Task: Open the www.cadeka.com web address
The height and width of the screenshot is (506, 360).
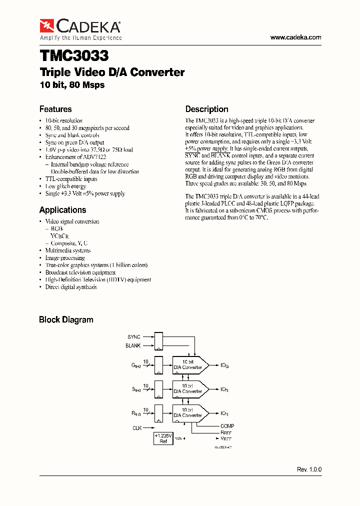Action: pos(295,37)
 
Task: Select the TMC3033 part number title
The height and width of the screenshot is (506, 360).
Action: pos(74,54)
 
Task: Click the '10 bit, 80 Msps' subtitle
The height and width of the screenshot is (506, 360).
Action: pos(72,85)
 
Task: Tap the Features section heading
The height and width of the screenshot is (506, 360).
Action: pos(55,109)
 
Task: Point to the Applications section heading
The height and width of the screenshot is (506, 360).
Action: pos(62,210)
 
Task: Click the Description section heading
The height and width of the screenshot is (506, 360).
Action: pos(206,109)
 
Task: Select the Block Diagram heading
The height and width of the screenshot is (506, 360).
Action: pos(66,319)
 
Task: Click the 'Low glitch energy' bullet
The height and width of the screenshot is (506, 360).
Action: pos(65,186)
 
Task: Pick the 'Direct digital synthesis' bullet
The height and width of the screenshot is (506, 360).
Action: pos(71,287)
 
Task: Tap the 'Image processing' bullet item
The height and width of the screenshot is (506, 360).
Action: pos(65,258)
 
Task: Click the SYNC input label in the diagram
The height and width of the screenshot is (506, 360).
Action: pos(134,337)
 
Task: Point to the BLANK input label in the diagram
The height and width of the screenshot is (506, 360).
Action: pos(133,345)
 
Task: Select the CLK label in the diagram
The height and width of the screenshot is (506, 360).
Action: pos(137,427)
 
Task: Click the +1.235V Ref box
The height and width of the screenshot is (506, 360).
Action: pos(163,439)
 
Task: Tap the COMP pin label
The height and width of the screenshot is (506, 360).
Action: pos(227,426)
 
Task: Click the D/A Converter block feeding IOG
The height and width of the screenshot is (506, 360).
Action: pos(188,365)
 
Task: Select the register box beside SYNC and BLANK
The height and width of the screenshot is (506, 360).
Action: pos(158,341)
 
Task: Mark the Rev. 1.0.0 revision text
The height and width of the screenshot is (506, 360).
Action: pos(309,470)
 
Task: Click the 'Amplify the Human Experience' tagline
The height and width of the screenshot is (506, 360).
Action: pos(80,38)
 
